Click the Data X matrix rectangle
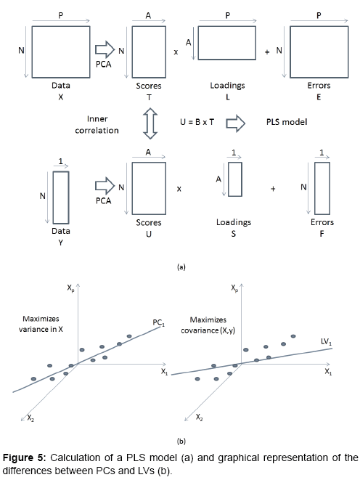click(x=61, y=26)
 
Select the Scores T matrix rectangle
click(x=149, y=26)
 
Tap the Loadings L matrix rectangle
click(x=227, y=26)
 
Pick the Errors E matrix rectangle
click(x=319, y=26)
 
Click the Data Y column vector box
click(x=61, y=171)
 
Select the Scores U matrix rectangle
click(x=149, y=162)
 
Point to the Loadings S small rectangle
click(x=235, y=162)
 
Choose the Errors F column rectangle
click(x=322, y=162)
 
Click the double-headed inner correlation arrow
click(x=148, y=123)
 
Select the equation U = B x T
click(x=197, y=122)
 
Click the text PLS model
click(x=287, y=122)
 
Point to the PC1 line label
click(x=159, y=322)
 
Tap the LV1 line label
click(x=327, y=341)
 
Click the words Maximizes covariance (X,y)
click(x=208, y=325)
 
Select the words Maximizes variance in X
click(x=41, y=324)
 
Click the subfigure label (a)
click(x=181, y=267)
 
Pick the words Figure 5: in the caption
click(x=24, y=457)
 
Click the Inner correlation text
click(x=97, y=125)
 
